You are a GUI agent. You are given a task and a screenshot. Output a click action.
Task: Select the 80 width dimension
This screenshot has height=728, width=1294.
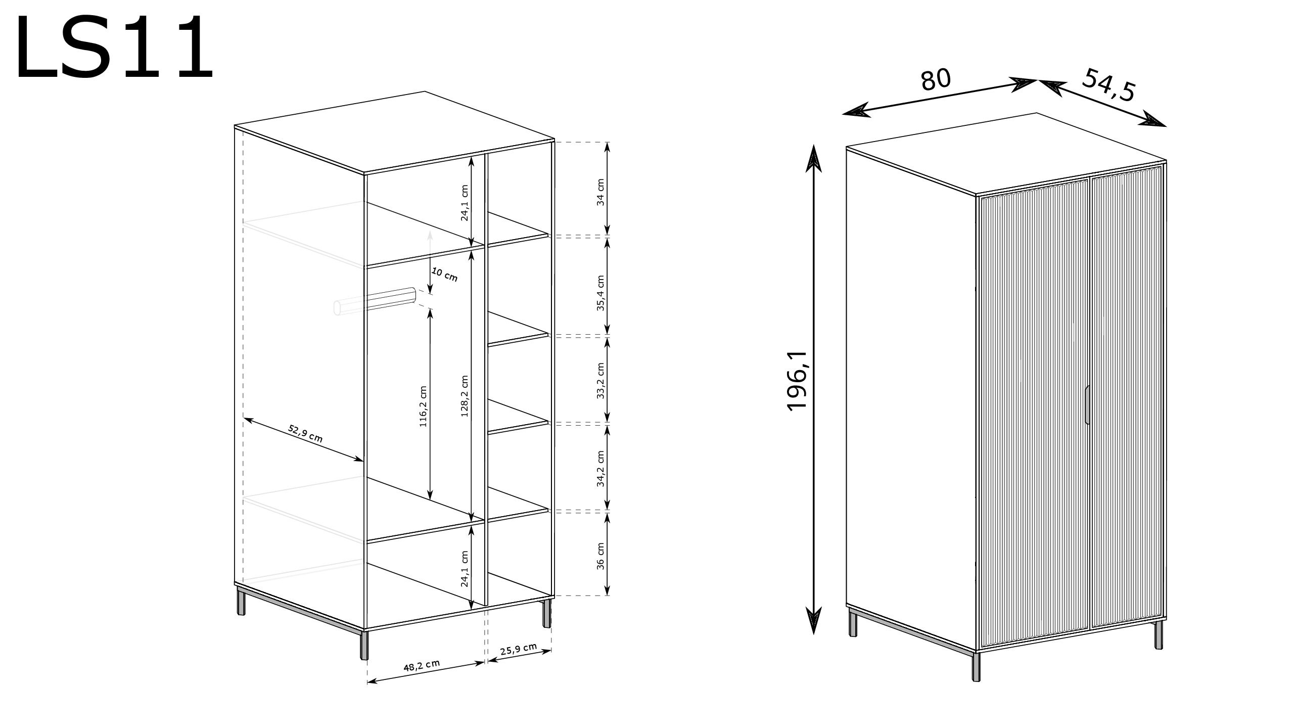936,80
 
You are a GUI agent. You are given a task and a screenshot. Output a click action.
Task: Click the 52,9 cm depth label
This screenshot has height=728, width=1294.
305,433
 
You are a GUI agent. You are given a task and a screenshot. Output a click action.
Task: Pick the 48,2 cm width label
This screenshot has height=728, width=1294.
422,666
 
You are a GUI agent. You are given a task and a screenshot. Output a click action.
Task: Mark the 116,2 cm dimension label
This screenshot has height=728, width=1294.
423,406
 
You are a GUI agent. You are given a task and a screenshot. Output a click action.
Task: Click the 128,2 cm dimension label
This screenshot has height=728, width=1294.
465,396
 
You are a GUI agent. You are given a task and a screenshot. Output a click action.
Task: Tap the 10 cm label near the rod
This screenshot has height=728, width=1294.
444,275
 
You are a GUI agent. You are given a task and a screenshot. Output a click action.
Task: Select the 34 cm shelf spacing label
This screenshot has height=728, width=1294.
600,192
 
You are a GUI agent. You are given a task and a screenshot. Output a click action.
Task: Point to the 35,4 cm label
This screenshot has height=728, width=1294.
600,293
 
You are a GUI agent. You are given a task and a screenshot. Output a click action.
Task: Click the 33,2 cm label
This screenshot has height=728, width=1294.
600,381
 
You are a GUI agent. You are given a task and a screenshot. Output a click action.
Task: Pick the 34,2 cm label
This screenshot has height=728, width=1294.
600,468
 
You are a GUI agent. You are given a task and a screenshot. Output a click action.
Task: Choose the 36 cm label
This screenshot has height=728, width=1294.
600,556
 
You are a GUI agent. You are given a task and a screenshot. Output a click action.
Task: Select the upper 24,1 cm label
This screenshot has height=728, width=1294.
465,202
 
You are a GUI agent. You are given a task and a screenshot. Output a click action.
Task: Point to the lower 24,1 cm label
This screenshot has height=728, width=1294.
465,568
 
